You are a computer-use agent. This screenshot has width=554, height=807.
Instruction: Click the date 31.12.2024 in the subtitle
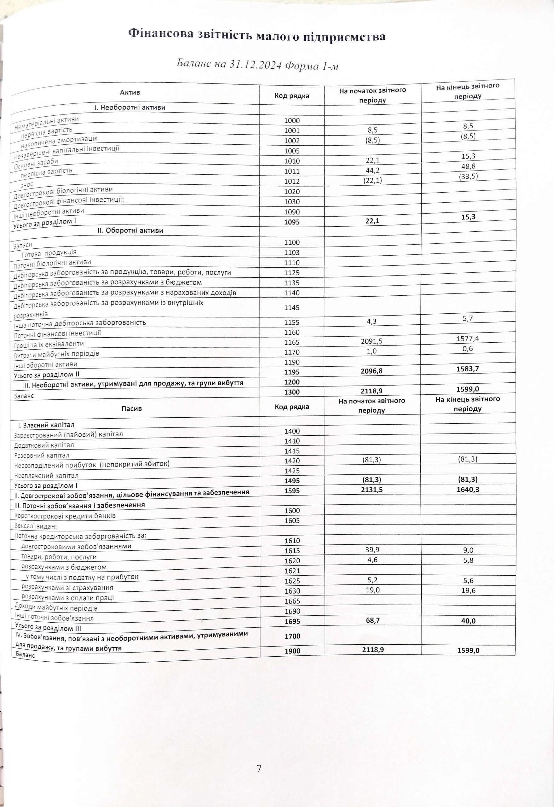[255, 65]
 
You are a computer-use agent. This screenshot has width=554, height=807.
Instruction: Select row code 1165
[291, 342]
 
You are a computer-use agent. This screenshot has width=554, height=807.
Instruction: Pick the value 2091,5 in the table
[372, 341]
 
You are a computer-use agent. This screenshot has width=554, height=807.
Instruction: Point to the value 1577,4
[468, 339]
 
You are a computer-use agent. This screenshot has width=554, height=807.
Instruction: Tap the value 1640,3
[468, 490]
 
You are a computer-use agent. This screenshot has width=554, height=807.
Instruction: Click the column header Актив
[130, 92]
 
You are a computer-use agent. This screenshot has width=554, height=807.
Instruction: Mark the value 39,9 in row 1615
[372, 550]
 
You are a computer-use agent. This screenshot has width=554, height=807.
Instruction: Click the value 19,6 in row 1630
[468, 591]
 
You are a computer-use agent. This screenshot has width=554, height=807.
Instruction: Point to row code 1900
[292, 651]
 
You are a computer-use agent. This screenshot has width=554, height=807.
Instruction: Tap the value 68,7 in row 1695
[372, 620]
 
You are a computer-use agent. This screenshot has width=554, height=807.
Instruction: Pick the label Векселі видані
[35, 526]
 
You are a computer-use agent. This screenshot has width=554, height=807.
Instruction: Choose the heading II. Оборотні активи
[130, 230]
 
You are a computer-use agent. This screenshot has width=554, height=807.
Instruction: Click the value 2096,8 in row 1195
[372, 372]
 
